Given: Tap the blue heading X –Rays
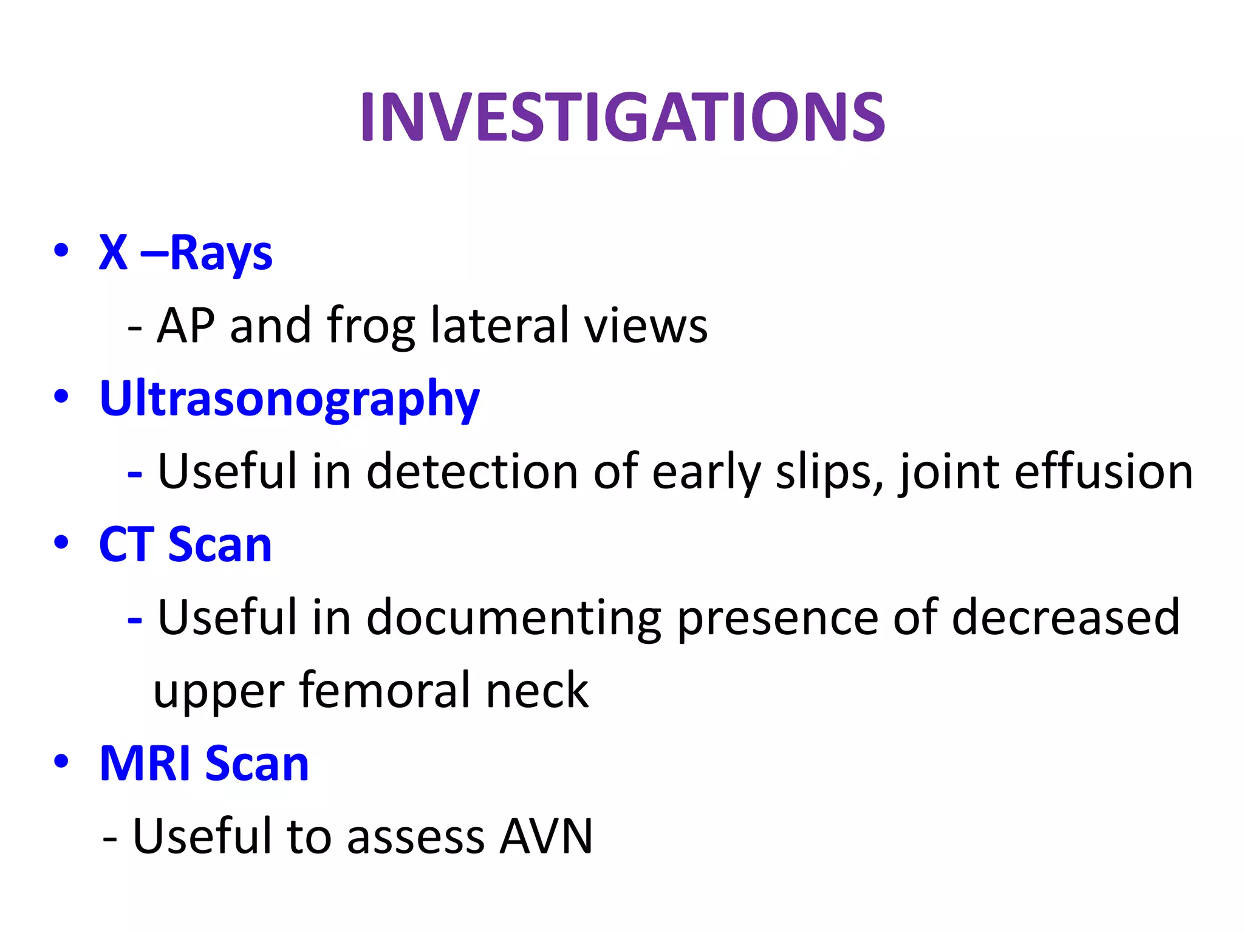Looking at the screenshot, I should point(185,253).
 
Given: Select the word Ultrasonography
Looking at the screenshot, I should point(289,399).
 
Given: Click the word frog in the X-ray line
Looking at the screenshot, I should point(371,326).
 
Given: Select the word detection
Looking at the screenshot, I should point(472,472).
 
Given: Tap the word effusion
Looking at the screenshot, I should point(1104,472).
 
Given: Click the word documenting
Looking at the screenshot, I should point(514,618).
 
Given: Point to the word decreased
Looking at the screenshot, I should point(1065,617).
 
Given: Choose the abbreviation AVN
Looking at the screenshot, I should point(545,836).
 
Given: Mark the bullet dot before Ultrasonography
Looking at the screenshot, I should point(61,397).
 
